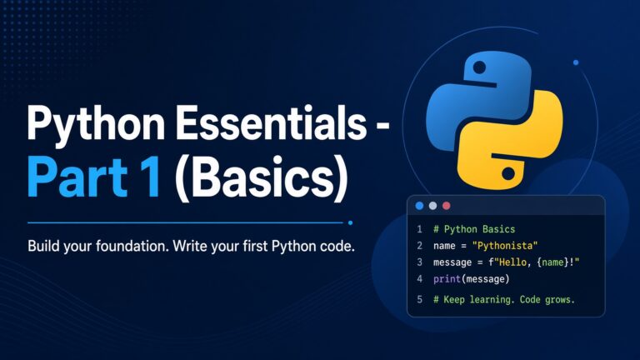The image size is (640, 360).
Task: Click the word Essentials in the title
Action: tap(271, 122)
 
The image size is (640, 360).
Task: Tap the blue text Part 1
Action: tap(93, 177)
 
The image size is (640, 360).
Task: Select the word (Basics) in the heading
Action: tap(261, 178)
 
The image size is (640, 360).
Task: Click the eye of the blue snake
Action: tap(479, 67)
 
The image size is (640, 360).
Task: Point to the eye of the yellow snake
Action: tap(508, 173)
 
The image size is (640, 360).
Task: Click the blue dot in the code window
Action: tap(419, 206)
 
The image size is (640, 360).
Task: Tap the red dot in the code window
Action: tap(447, 206)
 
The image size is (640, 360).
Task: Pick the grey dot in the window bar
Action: tap(432, 206)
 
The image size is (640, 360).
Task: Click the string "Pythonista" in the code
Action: tap(505, 246)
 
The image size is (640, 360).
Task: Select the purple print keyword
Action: tap(447, 279)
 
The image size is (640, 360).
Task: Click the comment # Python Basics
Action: tap(474, 229)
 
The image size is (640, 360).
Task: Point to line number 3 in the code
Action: tap(420, 262)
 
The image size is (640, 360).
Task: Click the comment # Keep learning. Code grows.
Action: tap(504, 300)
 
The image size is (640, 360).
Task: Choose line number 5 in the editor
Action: tap(420, 300)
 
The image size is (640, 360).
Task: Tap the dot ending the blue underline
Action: tap(350, 222)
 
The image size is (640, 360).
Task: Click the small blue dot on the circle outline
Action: tap(576, 62)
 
